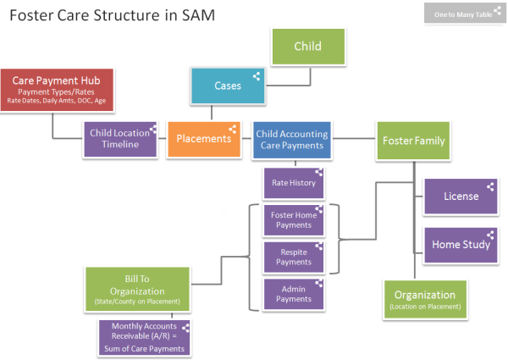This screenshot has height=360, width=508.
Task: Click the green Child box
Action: pyautogui.click(x=307, y=47)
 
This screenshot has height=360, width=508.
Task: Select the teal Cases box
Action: pyautogui.click(x=228, y=86)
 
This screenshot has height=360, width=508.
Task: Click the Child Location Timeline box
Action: pyautogui.click(x=121, y=139)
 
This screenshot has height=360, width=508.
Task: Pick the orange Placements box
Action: pyautogui.click(x=203, y=139)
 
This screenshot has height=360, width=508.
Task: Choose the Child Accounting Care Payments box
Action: pyautogui.click(x=290, y=139)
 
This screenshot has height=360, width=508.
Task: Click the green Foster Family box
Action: pyautogui.click(x=413, y=140)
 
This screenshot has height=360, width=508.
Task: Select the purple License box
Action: pyautogui.click(x=461, y=197)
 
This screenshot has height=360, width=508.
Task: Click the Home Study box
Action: pyautogui.click(x=461, y=245)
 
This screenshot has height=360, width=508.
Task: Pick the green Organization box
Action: pyautogui.click(x=424, y=298)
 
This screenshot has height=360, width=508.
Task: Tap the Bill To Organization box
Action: pyautogui.click(x=136, y=290)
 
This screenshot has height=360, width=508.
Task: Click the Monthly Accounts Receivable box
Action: pyautogui.click(x=144, y=338)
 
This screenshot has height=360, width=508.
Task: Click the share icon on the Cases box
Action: pyautogui.click(x=257, y=75)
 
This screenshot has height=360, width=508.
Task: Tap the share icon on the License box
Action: pyautogui.click(x=489, y=186)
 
